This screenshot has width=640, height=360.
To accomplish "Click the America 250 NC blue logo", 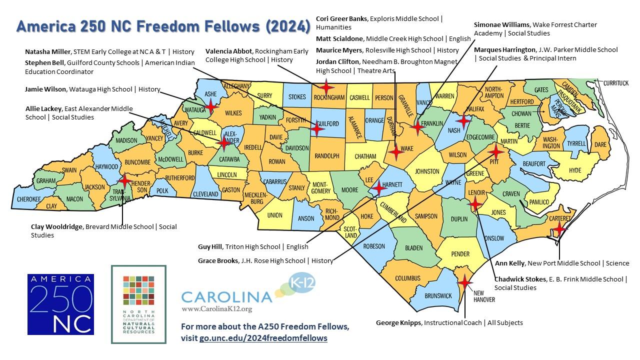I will [60, 304].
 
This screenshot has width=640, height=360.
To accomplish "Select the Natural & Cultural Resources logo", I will [138, 304].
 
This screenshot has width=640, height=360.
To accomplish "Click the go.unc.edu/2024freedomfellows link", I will [263, 338].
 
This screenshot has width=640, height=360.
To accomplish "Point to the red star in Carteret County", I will [559, 228].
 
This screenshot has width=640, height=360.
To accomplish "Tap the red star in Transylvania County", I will [124, 180].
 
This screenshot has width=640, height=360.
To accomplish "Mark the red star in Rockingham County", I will [326, 87].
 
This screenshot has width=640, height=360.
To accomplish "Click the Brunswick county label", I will [438, 295].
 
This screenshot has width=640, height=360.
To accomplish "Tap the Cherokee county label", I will [29, 199].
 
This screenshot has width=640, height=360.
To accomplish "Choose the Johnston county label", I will [427, 171].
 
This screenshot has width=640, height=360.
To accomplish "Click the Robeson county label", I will [374, 246].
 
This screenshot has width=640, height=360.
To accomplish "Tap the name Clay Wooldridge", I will [57, 226].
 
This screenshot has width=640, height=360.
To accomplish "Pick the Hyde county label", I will [575, 170].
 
